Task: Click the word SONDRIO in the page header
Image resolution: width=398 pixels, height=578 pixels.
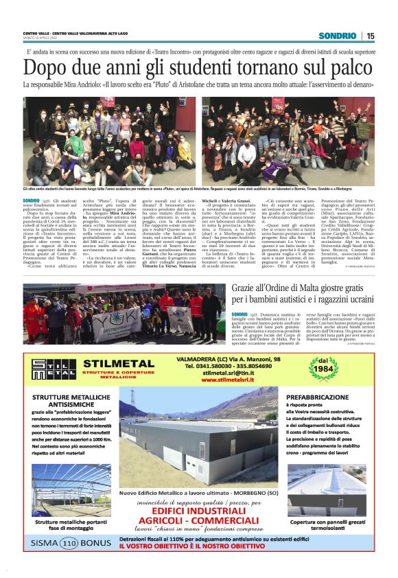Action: coord(342,36)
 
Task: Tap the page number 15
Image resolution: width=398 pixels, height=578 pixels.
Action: coord(371,36)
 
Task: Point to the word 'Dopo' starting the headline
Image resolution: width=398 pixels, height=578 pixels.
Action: coord(46,69)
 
